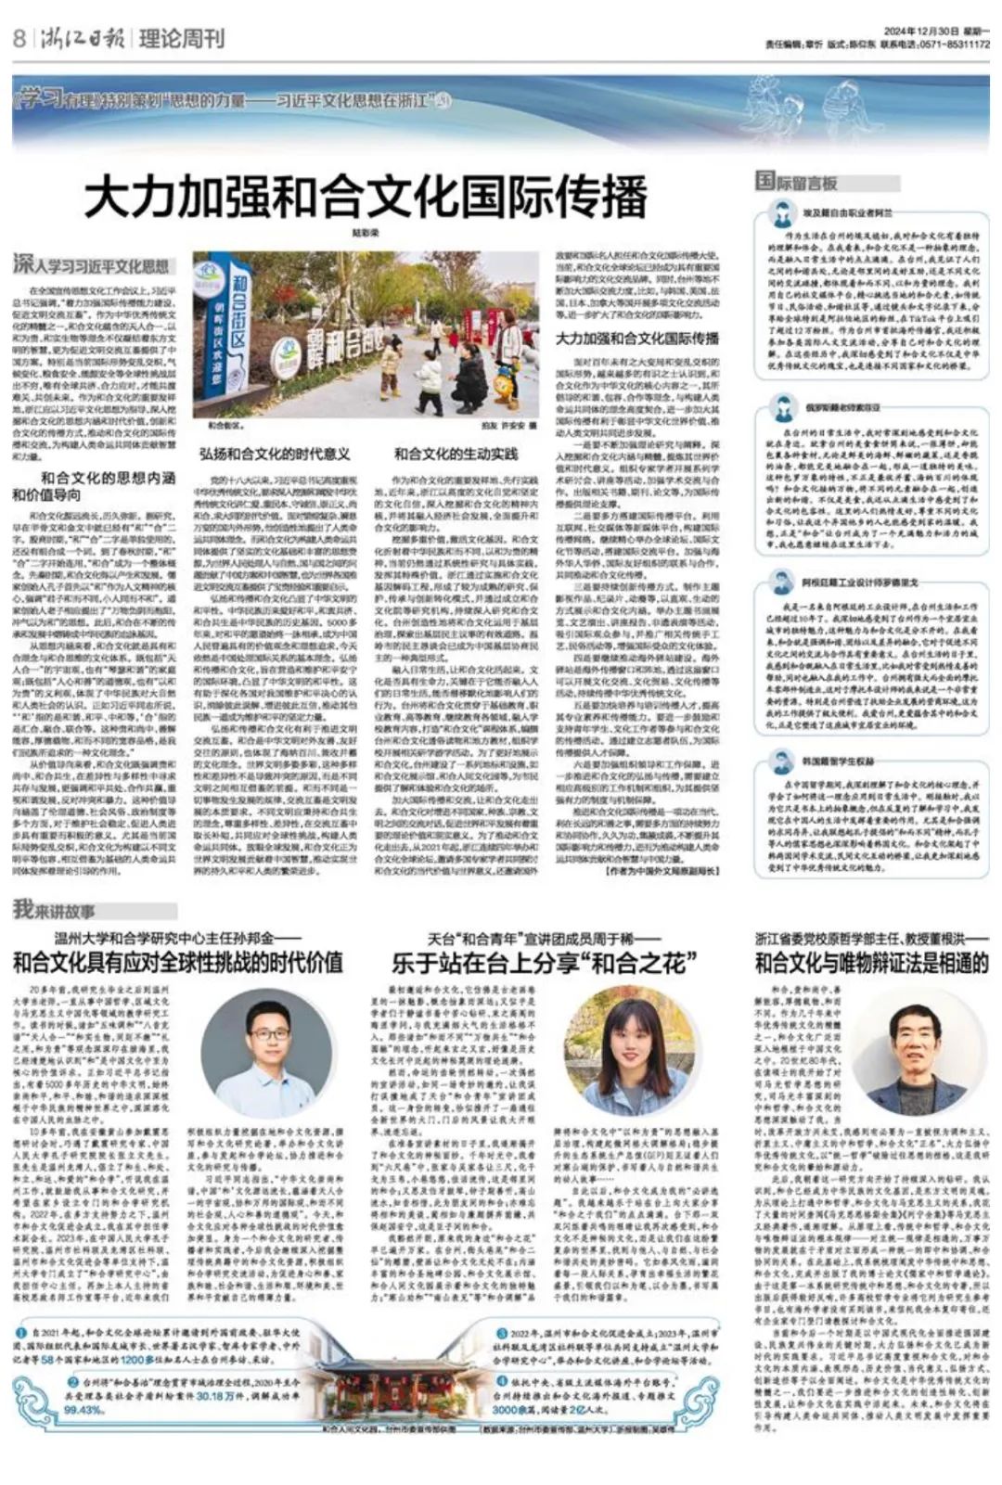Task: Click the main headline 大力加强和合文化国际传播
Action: (x=365, y=197)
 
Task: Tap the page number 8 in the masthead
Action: (x=19, y=39)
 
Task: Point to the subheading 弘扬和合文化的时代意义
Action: (x=275, y=454)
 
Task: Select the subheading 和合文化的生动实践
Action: (x=456, y=454)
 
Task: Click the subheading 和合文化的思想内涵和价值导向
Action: (x=95, y=486)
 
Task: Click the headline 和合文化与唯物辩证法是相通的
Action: (x=872, y=962)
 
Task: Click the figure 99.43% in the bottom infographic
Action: (x=83, y=1409)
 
